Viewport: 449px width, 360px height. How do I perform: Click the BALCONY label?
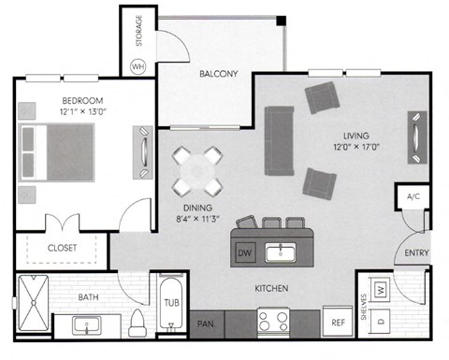(218, 74)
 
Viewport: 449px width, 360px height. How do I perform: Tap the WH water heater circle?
(138, 66)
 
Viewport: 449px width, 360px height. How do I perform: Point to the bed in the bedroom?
(58, 152)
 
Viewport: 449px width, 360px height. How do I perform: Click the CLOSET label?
(62, 248)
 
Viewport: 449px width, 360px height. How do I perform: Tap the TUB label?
(171, 302)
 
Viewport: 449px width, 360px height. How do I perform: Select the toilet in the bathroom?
(138, 324)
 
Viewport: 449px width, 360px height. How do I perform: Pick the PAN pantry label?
(205, 324)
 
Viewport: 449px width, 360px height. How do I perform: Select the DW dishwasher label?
(244, 252)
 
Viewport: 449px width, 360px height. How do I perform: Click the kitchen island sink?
(280, 252)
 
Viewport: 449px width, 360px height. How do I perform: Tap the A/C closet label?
(412, 195)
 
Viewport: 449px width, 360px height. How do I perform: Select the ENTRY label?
(416, 253)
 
